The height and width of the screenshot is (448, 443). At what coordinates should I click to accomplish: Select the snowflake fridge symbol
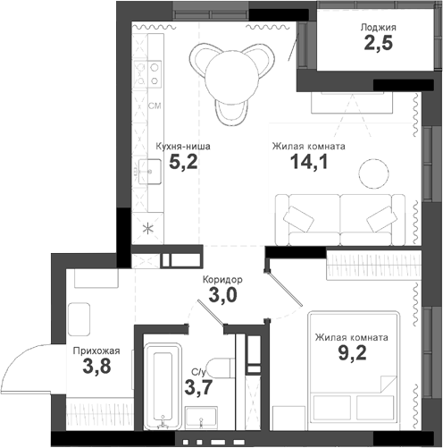[x=149, y=226]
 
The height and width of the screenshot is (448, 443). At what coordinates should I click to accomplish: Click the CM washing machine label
[x=154, y=106]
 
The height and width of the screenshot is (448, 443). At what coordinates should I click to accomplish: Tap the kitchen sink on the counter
[x=147, y=168]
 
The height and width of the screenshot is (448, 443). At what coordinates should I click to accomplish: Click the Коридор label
[x=222, y=279]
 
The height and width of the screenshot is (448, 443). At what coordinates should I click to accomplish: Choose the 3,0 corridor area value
[x=222, y=296]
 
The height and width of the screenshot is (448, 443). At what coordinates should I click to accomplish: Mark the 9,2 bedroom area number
[x=351, y=355]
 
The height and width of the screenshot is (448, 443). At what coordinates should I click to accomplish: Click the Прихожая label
[x=96, y=351]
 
